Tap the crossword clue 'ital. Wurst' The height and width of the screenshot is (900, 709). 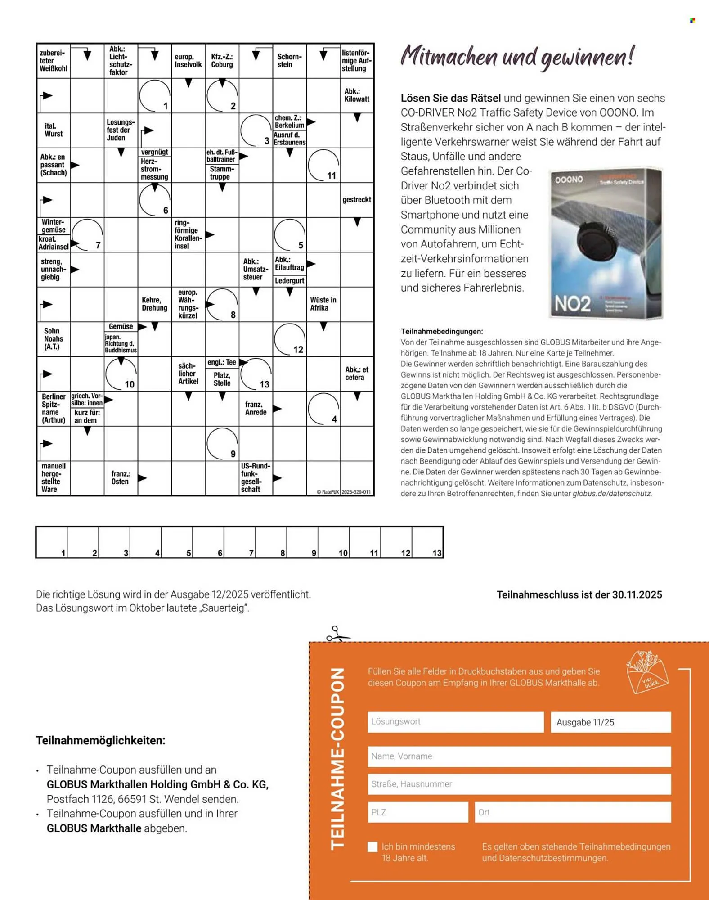54,130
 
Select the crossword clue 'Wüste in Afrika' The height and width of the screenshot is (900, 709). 323,304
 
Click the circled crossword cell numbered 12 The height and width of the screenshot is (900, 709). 290,339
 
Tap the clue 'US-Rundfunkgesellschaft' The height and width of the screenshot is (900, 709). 255,477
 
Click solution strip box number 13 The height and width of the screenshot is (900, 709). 427,542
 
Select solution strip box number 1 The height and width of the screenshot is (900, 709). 52,542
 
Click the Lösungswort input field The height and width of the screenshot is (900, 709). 455,722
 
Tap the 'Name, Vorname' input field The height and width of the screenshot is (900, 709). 519,756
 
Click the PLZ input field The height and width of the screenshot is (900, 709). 417,812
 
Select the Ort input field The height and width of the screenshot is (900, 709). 572,812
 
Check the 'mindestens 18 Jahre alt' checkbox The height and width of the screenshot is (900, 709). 372,847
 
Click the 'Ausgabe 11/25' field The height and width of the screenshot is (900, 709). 610,722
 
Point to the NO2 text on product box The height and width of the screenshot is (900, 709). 572,304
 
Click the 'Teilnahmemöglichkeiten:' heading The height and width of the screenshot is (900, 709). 101,740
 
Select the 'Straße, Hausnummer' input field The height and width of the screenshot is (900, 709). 519,784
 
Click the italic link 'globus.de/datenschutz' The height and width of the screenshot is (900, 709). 612,494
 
